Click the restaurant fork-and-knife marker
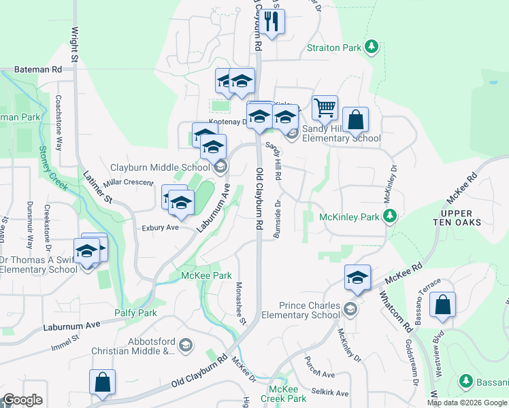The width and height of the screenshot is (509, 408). point(272,22)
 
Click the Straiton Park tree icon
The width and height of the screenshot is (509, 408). point(372,47)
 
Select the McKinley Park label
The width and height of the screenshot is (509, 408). point(349,218)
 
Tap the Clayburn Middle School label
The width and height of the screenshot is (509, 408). point(161,167)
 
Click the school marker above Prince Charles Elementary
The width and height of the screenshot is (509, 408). point(357,277)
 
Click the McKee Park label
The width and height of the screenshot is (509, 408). point(206,275)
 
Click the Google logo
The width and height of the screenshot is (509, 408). point(22,400)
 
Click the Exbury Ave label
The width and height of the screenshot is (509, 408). point(160,228)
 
